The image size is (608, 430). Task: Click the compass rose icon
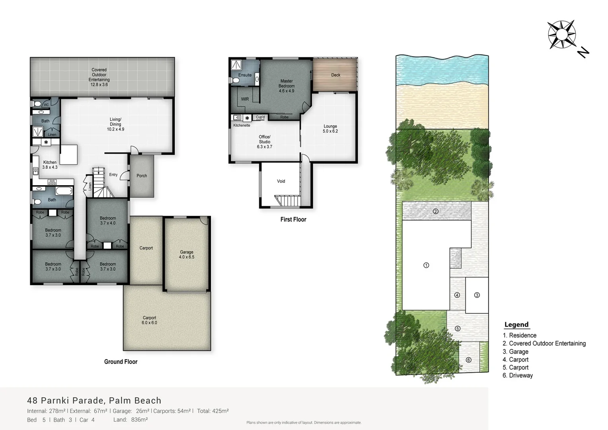561,35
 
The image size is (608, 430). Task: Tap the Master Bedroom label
286,86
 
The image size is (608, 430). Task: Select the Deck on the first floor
335,75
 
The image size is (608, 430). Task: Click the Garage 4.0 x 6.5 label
187,254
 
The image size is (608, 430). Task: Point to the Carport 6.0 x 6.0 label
149,320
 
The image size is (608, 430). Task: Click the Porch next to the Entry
142,176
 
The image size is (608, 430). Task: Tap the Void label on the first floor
281,181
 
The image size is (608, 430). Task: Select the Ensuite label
245,75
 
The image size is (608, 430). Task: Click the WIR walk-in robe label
245,99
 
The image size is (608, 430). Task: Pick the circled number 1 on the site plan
426,265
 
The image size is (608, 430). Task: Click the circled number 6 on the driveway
468,360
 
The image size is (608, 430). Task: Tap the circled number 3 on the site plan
477,295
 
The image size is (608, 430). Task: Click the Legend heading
516,324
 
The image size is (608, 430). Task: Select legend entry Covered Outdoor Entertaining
544,343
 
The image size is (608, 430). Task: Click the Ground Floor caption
121,362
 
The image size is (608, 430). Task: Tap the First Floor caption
293,219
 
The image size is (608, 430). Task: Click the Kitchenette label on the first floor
242,125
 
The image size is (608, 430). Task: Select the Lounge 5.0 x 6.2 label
330,129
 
